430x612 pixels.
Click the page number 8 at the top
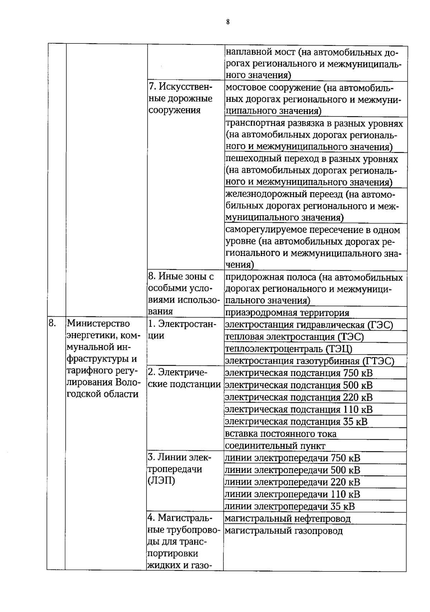click(x=228, y=22)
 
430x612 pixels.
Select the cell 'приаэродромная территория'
click(x=287, y=313)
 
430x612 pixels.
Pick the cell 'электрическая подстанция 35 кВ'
click(x=296, y=421)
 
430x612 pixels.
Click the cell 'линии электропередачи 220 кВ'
click(x=292, y=482)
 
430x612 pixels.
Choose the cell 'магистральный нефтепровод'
click(x=287, y=518)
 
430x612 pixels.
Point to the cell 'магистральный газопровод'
click(x=283, y=531)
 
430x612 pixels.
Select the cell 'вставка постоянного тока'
click(x=281, y=434)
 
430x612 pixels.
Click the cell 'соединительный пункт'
click(x=275, y=446)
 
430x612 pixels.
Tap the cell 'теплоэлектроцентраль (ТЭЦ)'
click(x=289, y=349)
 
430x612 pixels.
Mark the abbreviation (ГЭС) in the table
click(x=380, y=325)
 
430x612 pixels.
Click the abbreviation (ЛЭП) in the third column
click(x=161, y=481)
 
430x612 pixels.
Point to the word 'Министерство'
click(x=99, y=324)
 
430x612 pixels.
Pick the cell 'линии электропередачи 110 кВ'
click(x=292, y=494)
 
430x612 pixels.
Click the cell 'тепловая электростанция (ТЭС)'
click(x=294, y=337)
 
